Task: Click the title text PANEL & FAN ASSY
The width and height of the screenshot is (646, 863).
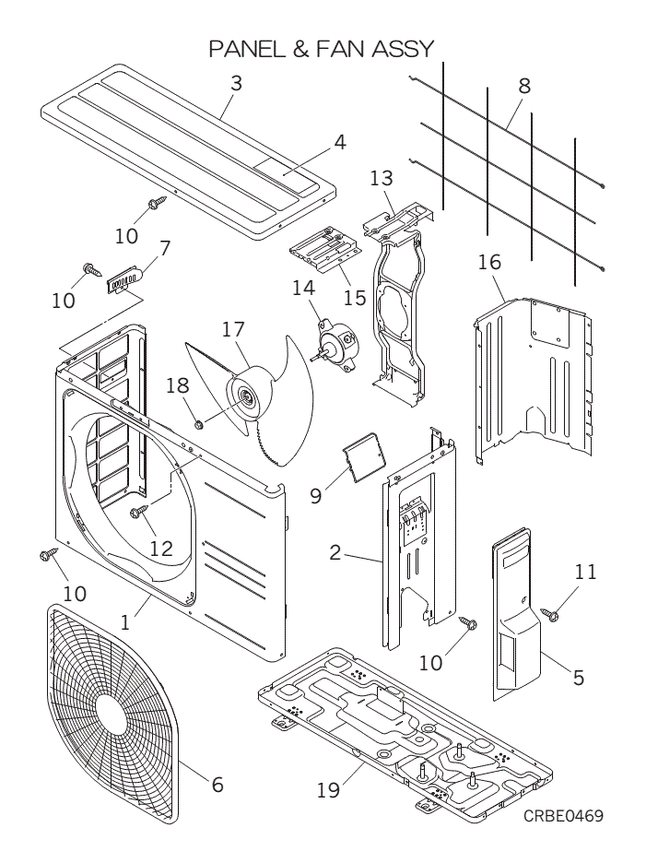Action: point(321,48)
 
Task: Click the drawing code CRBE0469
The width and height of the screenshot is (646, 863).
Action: point(563,817)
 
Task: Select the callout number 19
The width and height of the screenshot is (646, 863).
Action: point(329,790)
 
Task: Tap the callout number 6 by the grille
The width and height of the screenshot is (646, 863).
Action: point(217,785)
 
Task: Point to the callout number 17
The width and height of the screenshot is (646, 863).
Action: point(233,329)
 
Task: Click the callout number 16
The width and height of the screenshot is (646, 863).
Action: point(489,262)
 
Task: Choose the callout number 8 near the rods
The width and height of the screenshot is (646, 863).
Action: point(523,86)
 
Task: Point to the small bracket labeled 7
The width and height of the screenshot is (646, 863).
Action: point(123,278)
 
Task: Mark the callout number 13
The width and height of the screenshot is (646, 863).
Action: point(382,178)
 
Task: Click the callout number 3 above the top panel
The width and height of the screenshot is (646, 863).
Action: point(236,82)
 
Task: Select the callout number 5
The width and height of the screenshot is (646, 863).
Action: point(578,678)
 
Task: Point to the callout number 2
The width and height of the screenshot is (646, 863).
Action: point(335,553)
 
